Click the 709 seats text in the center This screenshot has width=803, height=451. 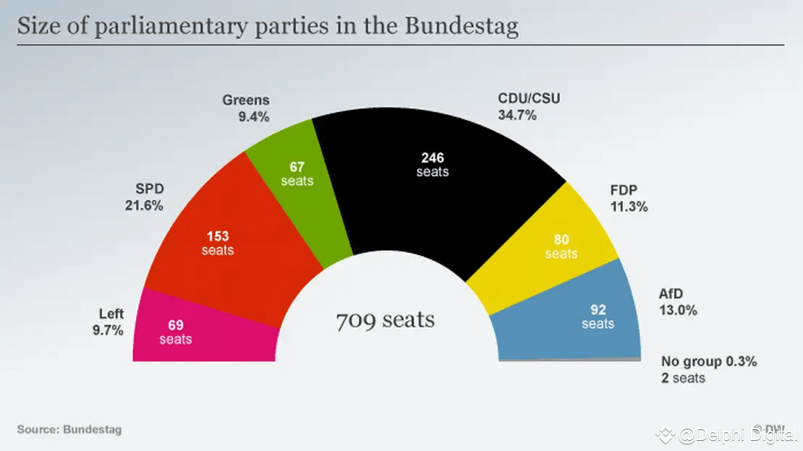point(386,319)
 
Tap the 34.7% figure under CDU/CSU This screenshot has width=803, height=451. point(517,114)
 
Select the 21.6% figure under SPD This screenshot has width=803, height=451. point(145,205)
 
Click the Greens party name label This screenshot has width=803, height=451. point(246,100)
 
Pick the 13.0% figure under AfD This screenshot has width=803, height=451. point(678,311)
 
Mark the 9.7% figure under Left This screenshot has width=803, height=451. point(107,330)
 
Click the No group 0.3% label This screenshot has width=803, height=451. point(709,362)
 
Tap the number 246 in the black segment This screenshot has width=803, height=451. point(433,158)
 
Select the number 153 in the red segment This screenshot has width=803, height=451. point(218,236)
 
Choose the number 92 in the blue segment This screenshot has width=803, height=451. point(598,309)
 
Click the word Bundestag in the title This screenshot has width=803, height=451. point(462,27)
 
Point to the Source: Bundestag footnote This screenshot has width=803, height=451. point(69,429)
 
